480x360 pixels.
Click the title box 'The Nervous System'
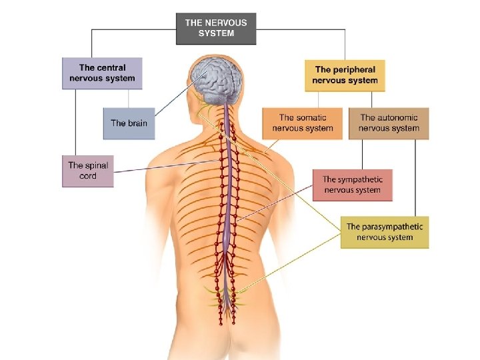215,28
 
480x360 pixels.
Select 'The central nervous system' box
102,73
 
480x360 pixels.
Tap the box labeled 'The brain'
129,123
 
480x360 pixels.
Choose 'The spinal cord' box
87,171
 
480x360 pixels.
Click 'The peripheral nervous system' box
345,75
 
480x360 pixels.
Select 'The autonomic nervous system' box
389,123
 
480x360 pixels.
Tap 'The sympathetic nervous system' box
352,185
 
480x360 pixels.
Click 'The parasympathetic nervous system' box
384,232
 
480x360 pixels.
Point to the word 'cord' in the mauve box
87,176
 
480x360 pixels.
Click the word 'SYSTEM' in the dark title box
215,33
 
